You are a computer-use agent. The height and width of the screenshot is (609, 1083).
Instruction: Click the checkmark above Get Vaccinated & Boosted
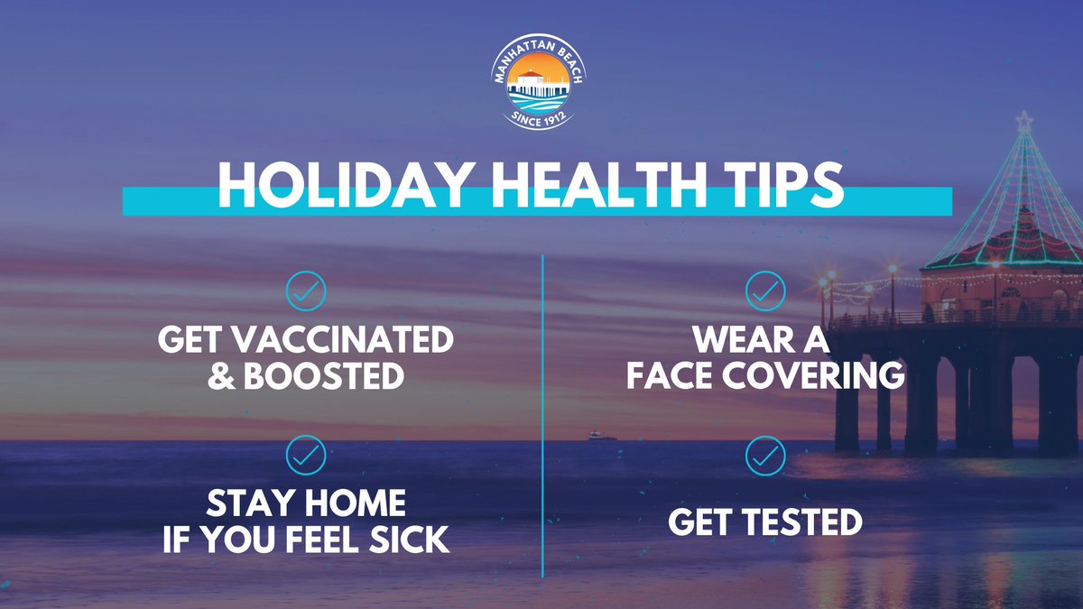(305, 291)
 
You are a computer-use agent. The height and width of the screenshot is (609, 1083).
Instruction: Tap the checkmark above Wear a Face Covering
(765, 291)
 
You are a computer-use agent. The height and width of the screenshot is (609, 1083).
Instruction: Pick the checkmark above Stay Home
(305, 456)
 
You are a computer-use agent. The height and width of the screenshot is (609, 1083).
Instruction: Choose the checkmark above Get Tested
(765, 456)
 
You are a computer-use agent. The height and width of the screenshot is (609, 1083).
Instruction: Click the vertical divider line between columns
(542, 415)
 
